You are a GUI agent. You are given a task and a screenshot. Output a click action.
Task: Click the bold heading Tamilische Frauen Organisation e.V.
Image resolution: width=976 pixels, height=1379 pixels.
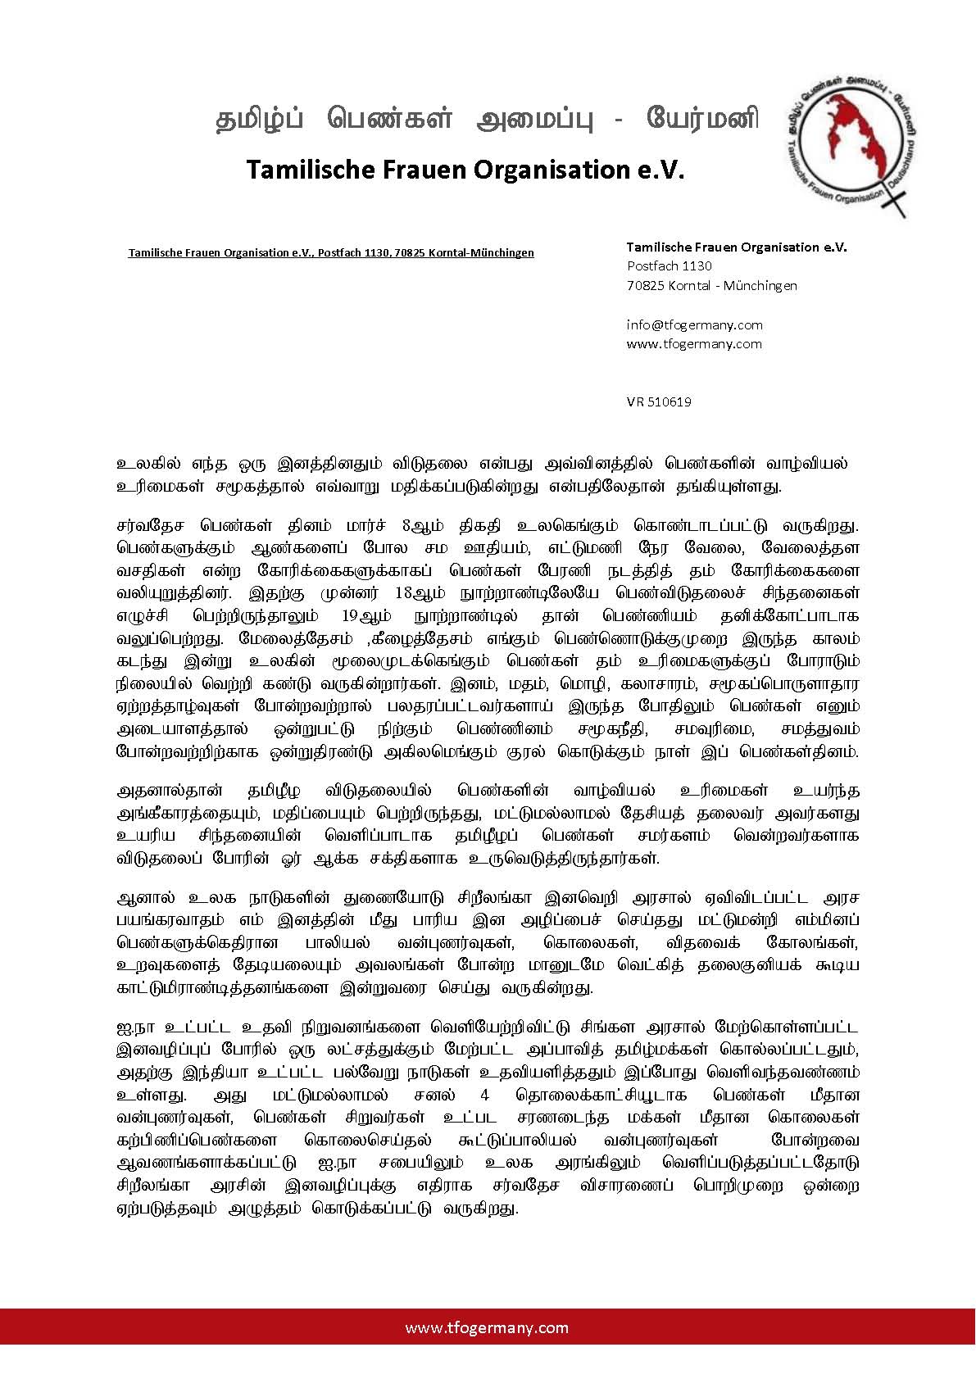(465, 170)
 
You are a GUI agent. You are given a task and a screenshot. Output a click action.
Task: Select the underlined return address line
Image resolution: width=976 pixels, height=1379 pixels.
(330, 252)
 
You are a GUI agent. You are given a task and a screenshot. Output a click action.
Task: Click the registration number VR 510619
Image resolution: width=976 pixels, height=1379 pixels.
(659, 401)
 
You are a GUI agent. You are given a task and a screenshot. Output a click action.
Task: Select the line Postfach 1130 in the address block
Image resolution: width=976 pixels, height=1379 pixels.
(670, 265)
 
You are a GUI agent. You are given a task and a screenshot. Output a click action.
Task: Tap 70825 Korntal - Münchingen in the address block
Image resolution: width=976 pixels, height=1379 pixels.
(711, 285)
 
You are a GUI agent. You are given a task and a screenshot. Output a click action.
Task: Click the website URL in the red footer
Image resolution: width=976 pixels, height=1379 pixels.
(487, 1327)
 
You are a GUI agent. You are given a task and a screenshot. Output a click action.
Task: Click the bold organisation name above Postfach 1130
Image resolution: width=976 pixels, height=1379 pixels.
(737, 247)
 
